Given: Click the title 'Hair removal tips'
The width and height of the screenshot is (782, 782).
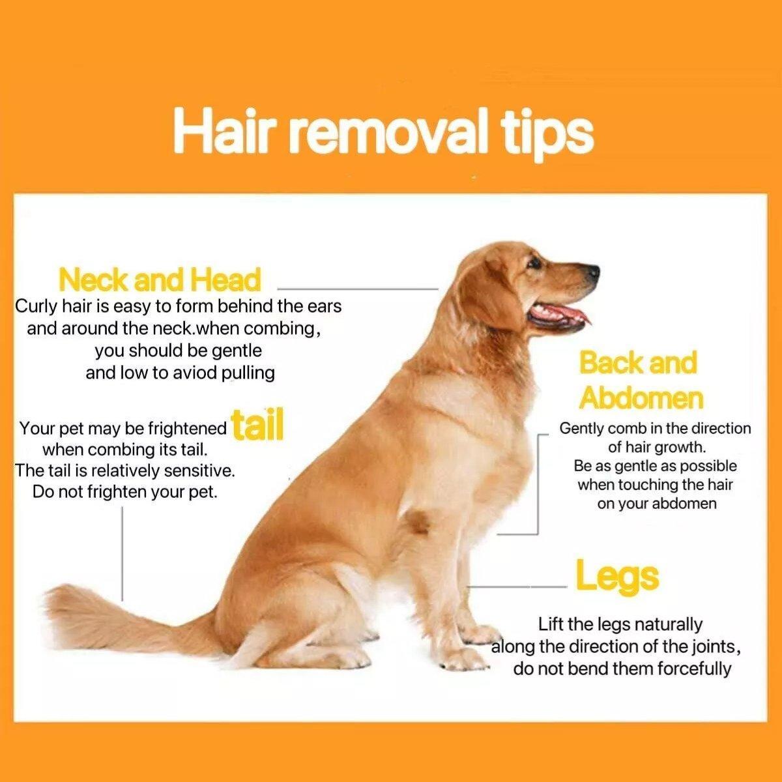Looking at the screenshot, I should pos(383,133).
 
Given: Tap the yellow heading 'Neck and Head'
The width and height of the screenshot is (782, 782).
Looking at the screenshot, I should pos(160,280).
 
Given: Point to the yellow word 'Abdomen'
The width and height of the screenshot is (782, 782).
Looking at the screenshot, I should pos(641,398).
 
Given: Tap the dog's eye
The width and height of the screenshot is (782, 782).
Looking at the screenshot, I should pos(534,263).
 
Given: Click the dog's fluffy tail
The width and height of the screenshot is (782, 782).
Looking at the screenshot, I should pos(104,619).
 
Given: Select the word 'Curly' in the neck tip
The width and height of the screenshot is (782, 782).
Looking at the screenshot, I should pos(35,306).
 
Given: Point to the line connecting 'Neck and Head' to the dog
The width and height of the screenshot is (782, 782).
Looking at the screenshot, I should pos(358,288).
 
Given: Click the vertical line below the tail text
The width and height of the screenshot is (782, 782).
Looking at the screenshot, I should pos(123,554).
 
